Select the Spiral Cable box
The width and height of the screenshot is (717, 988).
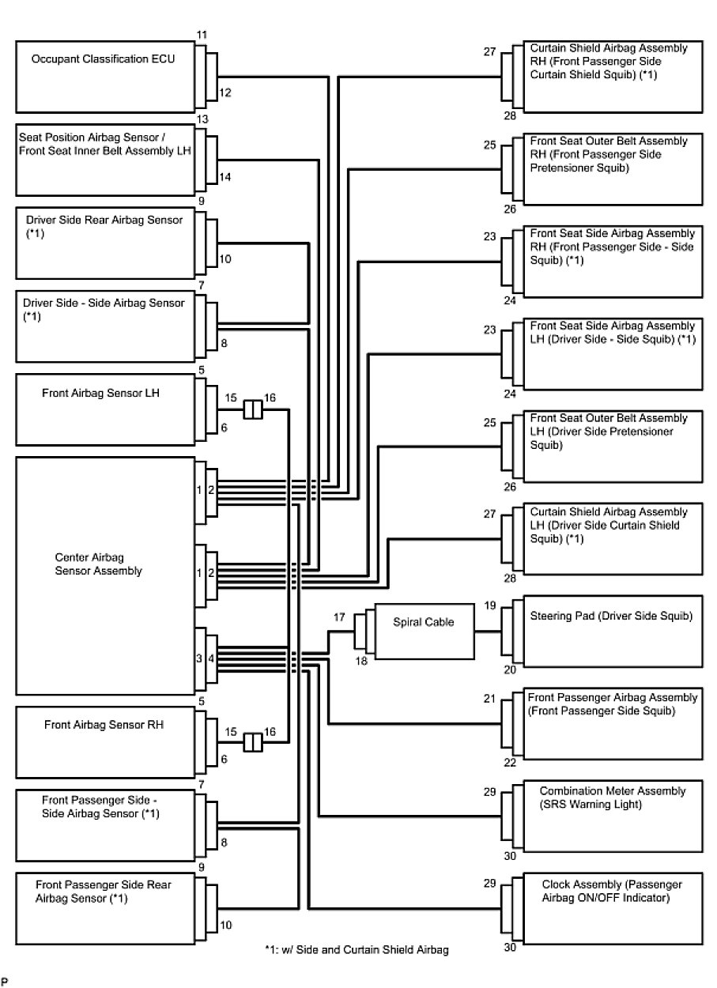[x=424, y=632]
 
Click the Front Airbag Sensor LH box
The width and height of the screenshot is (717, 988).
[x=106, y=409]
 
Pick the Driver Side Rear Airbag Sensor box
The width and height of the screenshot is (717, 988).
[x=106, y=243]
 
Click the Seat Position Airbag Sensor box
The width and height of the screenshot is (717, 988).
[x=106, y=160]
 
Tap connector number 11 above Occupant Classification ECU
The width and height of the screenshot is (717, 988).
[x=202, y=36]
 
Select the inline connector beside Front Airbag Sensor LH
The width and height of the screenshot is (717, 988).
[x=252, y=409]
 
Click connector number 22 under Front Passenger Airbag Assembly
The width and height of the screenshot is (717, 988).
[x=509, y=763]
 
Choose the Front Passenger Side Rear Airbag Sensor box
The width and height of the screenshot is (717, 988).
[x=106, y=908]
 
